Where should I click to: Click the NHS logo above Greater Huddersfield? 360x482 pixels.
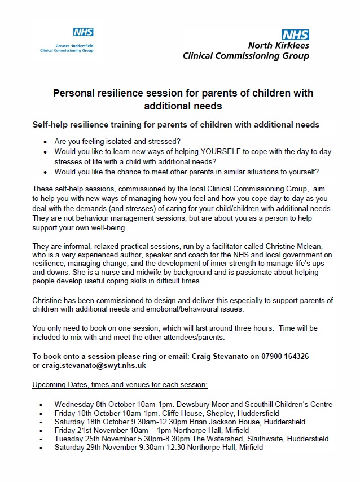point(83,32)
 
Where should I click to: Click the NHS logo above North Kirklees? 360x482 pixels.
point(295,36)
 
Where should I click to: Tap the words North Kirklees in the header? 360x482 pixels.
point(279,46)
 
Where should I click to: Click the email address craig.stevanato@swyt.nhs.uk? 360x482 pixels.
point(94,366)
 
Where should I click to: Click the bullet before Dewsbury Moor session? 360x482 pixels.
point(42,405)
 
